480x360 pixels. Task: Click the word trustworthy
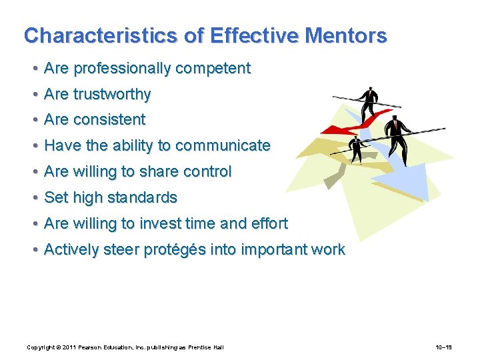(112, 95)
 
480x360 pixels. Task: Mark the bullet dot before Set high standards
(33, 198)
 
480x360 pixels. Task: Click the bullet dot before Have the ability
(33, 146)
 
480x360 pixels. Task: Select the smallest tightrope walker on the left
(358, 149)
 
